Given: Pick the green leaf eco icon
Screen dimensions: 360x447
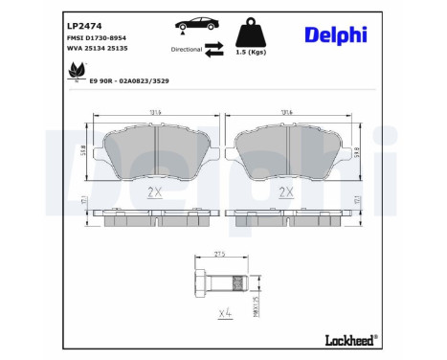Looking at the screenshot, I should (75, 71).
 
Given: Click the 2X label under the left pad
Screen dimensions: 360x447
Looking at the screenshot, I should (153, 191).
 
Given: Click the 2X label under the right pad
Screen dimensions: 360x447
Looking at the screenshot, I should (284, 191).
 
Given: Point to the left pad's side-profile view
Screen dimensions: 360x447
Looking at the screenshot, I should (152, 219).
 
